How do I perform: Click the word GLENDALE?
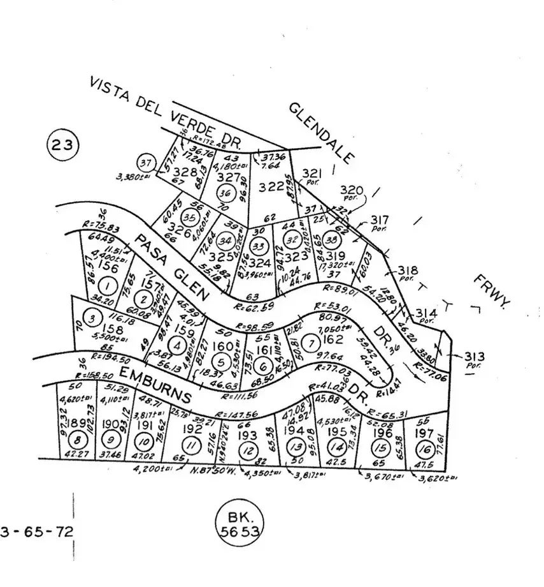point(321,133)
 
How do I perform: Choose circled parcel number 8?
point(78,440)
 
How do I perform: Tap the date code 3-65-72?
point(37,531)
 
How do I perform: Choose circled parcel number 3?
point(93,318)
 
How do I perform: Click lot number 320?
point(351,189)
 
